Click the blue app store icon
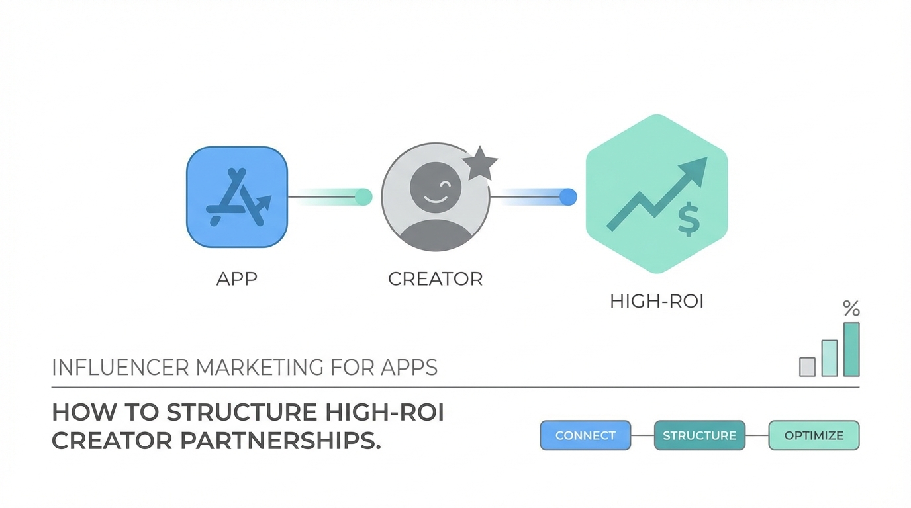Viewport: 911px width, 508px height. pyautogui.click(x=237, y=197)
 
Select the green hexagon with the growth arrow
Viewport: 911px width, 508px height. pyautogui.click(x=656, y=194)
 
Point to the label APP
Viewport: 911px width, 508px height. pyautogui.click(x=236, y=278)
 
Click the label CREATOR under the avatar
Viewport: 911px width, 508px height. pyautogui.click(x=435, y=278)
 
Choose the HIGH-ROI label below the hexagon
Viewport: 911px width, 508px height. pyautogui.click(x=656, y=302)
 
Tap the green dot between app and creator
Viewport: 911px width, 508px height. pyautogui.click(x=363, y=196)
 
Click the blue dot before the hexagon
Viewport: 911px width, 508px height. pyautogui.click(x=568, y=196)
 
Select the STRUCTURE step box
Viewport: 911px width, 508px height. pyautogui.click(x=699, y=435)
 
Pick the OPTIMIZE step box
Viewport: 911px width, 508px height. pyautogui.click(x=814, y=435)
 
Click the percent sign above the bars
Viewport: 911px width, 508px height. pyautogui.click(x=851, y=308)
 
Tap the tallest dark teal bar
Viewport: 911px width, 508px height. pyautogui.click(x=851, y=349)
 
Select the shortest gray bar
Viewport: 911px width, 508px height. pyautogui.click(x=807, y=366)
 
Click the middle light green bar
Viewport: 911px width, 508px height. pyautogui.click(x=829, y=358)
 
